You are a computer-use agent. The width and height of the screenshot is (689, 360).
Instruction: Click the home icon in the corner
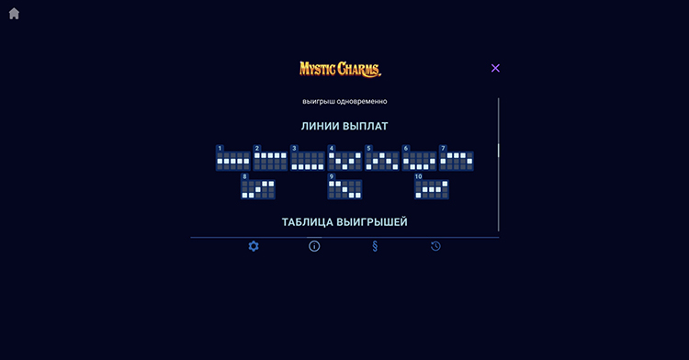coord(14,14)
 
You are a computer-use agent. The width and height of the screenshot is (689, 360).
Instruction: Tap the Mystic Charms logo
coord(340,69)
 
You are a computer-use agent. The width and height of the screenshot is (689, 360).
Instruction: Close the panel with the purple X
coord(495,68)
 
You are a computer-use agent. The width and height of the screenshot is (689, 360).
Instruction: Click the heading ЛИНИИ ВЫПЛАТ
coord(344,126)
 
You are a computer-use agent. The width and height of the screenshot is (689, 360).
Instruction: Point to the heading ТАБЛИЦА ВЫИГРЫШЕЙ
coord(344,222)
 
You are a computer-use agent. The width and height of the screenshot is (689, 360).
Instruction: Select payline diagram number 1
coord(233,161)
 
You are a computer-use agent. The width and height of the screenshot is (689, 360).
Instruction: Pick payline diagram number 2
coord(270,161)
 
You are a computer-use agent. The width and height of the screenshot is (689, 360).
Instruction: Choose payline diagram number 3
coord(308,161)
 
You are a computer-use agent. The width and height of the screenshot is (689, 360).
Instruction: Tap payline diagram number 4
coord(344,161)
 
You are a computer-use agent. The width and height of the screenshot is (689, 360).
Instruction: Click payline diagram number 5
coord(382,161)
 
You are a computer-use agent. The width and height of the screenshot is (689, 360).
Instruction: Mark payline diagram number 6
coord(419,161)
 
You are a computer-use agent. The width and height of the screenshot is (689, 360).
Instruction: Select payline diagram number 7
coord(457,161)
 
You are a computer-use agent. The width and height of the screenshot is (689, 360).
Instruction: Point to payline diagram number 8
coord(257,189)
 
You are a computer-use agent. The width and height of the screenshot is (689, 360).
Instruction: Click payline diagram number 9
coord(344,189)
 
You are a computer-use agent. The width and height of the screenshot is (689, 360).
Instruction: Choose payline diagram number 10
coord(431,189)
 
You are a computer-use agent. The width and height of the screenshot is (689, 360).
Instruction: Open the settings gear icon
coord(254,246)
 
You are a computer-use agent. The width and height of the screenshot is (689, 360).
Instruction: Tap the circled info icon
coord(314,246)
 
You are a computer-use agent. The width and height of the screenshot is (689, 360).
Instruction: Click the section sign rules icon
coord(375,246)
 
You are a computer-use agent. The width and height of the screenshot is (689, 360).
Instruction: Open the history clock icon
coord(435,246)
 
